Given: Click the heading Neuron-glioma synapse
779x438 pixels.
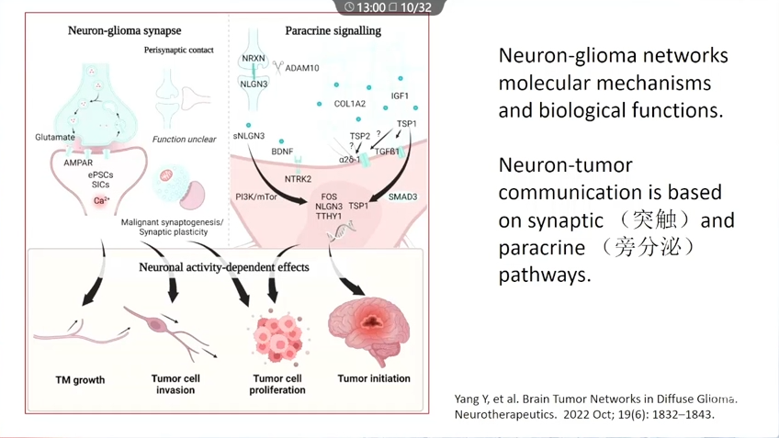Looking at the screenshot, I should (111, 30).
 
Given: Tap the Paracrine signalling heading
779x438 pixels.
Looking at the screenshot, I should (333, 30).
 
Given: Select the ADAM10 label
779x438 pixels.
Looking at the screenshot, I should (302, 68).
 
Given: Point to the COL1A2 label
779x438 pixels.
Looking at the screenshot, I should (349, 104).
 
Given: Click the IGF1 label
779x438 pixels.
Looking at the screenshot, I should (400, 95).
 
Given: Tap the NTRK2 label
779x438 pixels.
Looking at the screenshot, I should (298, 179).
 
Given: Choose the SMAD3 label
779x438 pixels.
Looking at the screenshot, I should (402, 197).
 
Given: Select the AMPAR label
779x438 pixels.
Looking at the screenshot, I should (78, 163).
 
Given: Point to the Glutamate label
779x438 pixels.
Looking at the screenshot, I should (55, 138).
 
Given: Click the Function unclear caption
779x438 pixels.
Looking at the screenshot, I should (185, 140).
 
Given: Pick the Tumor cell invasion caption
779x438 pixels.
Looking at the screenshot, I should (175, 384).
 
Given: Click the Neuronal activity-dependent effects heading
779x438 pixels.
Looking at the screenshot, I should (224, 267).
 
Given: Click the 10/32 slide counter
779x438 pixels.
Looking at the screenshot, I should (416, 7).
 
